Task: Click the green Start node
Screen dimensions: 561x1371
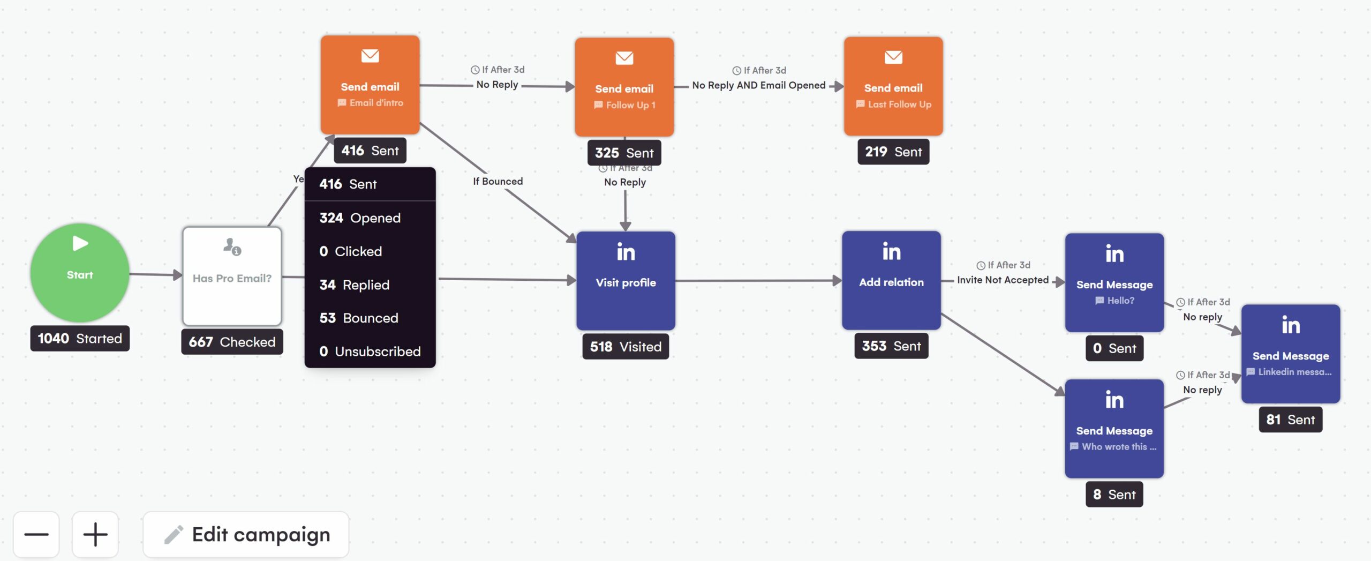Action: (79, 272)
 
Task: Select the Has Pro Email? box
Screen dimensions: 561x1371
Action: (232, 276)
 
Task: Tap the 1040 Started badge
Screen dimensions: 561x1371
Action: (80, 339)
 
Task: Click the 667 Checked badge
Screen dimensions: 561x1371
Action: (232, 342)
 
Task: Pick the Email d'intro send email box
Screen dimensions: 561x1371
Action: (370, 85)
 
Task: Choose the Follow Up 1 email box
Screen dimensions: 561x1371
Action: (624, 87)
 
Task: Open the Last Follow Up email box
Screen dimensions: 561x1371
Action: (893, 86)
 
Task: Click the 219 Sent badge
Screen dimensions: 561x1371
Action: (893, 152)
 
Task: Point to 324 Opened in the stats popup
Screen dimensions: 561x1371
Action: (360, 218)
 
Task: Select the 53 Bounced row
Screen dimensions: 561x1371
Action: (359, 318)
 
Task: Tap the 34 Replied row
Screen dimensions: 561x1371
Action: (355, 285)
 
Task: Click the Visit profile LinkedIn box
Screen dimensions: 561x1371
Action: (626, 281)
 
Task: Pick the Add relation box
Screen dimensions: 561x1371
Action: (891, 280)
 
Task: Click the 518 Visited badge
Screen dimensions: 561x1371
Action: (626, 347)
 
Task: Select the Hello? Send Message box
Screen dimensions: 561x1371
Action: (1114, 282)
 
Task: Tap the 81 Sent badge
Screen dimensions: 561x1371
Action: (1291, 420)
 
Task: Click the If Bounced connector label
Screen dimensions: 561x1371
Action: (498, 182)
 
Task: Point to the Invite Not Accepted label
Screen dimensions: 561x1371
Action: (1003, 280)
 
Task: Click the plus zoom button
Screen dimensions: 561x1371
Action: (95, 534)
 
